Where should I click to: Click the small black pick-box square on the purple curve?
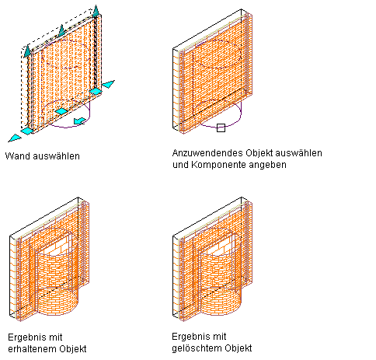[221, 128]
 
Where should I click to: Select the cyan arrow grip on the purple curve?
[80, 121]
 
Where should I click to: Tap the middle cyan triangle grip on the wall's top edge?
[61, 30]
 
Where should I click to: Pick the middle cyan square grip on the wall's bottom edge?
[61, 111]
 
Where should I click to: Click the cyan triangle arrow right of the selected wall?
[108, 84]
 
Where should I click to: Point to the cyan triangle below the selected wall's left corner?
[15, 138]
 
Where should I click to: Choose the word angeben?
[267, 165]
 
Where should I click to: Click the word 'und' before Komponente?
[181, 165]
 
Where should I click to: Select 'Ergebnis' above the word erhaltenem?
[26, 337]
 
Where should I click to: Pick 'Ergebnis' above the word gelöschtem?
[190, 337]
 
